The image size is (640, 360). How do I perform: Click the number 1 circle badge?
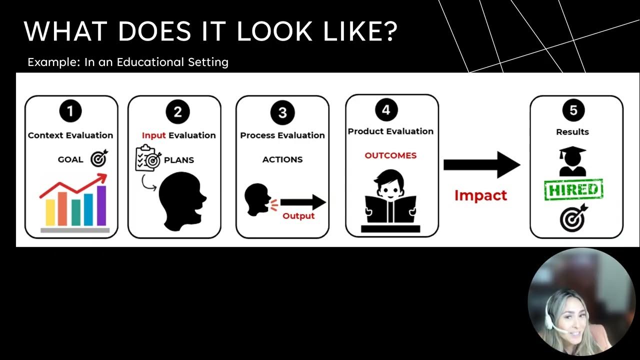[70, 111]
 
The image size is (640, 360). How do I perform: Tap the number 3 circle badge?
[282, 112]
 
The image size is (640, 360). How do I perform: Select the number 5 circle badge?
[573, 110]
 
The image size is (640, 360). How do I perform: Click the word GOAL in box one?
[70, 160]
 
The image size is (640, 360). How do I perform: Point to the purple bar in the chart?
[101, 205]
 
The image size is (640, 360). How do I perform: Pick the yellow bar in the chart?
[50, 212]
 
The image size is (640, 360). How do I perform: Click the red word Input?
[153, 135]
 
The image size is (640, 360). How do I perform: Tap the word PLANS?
[179, 160]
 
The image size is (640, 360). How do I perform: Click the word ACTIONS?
[282, 159]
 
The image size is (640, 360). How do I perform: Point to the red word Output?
[298, 216]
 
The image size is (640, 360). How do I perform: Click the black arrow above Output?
[303, 202]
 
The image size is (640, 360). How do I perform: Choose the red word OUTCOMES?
[390, 155]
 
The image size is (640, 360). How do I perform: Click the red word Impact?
[480, 195]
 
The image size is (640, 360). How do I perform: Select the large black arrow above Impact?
[481, 164]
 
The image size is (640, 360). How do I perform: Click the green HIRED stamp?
[573, 189]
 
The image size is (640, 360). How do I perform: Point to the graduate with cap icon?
[573, 161]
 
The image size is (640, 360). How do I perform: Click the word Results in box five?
[572, 132]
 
